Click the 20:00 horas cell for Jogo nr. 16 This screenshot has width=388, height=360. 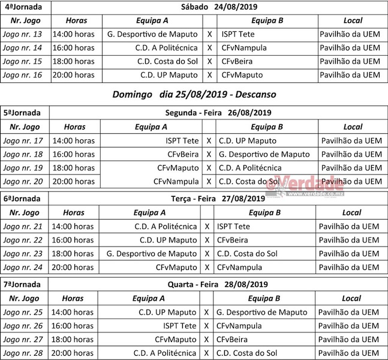click(x=73, y=75)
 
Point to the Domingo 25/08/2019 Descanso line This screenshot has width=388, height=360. click(x=194, y=94)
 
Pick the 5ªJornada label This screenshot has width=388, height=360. click(x=22, y=113)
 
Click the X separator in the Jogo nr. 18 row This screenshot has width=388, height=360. click(x=209, y=154)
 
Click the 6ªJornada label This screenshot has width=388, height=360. click(x=22, y=199)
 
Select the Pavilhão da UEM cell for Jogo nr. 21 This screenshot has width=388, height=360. click(x=348, y=226)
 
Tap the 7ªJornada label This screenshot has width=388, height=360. click(x=22, y=284)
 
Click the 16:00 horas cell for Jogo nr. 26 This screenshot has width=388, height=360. click(x=73, y=326)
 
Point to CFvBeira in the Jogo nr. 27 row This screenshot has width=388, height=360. click(x=233, y=340)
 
